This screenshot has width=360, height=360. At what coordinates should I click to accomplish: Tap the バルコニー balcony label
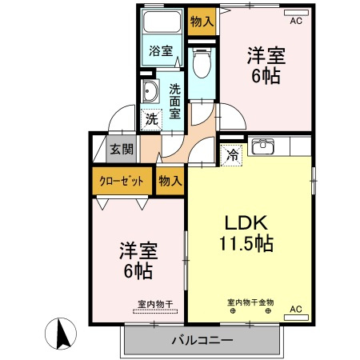(x=202, y=340)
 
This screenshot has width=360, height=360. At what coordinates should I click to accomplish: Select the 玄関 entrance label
(x=122, y=149)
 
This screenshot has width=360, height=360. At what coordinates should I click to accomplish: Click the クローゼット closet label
(x=122, y=181)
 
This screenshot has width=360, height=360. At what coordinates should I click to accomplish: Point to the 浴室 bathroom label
(x=161, y=51)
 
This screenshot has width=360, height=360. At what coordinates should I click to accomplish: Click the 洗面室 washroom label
(x=175, y=102)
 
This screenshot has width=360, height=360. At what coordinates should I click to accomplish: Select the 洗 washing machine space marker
(x=150, y=120)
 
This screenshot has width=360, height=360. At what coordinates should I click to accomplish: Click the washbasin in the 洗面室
(x=149, y=90)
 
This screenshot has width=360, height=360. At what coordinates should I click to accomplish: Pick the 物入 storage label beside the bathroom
(x=201, y=21)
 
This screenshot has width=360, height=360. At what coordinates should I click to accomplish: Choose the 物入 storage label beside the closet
(x=170, y=181)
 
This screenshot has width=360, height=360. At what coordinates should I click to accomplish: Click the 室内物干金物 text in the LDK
(x=250, y=302)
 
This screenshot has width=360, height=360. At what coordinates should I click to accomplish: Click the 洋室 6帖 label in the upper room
(x=266, y=65)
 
